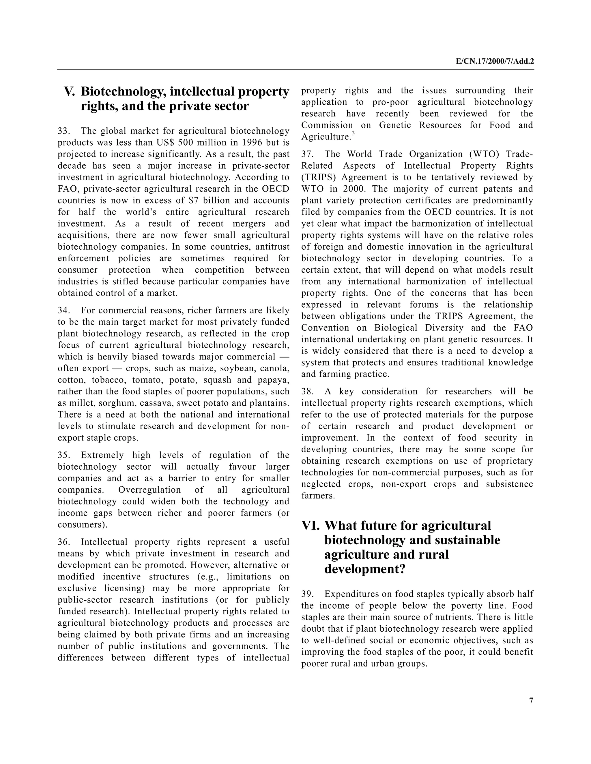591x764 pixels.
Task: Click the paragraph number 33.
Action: [x=64, y=131]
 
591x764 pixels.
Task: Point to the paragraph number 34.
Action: [x=64, y=311]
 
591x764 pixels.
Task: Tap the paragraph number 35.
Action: [x=64, y=455]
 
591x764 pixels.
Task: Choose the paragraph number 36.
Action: [x=64, y=542]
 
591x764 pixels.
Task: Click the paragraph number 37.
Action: [x=307, y=154]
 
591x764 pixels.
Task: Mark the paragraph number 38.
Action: [x=307, y=392]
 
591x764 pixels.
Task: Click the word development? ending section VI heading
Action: [x=364, y=569]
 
